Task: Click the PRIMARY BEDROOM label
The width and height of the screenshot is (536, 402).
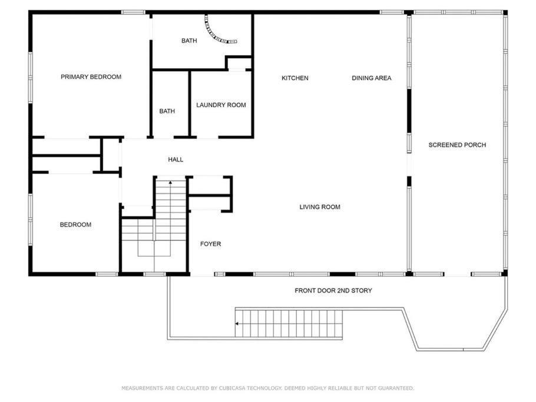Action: click(x=91, y=77)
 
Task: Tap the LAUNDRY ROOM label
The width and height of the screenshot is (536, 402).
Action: click(x=221, y=105)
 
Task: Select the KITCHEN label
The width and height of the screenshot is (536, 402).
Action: click(x=295, y=78)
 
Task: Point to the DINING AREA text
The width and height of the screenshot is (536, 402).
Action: click(x=372, y=78)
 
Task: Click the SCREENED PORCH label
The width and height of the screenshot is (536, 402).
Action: click(x=458, y=145)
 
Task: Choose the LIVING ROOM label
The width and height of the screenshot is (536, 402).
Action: click(x=320, y=207)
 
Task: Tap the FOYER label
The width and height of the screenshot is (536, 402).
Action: click(x=211, y=244)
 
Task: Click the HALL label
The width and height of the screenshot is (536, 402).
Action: click(x=176, y=160)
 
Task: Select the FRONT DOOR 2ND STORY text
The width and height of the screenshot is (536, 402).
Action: click(x=333, y=290)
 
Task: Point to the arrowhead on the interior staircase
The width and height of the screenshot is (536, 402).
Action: click(x=170, y=182)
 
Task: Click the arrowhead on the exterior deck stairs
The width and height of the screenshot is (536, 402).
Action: click(x=237, y=324)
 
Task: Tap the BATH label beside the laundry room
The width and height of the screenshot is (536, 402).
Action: click(x=167, y=111)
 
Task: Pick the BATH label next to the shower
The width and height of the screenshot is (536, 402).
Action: click(x=189, y=41)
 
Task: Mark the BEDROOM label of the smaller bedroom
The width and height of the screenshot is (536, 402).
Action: click(x=75, y=224)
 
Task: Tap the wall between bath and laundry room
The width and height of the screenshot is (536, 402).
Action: click(x=190, y=104)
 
